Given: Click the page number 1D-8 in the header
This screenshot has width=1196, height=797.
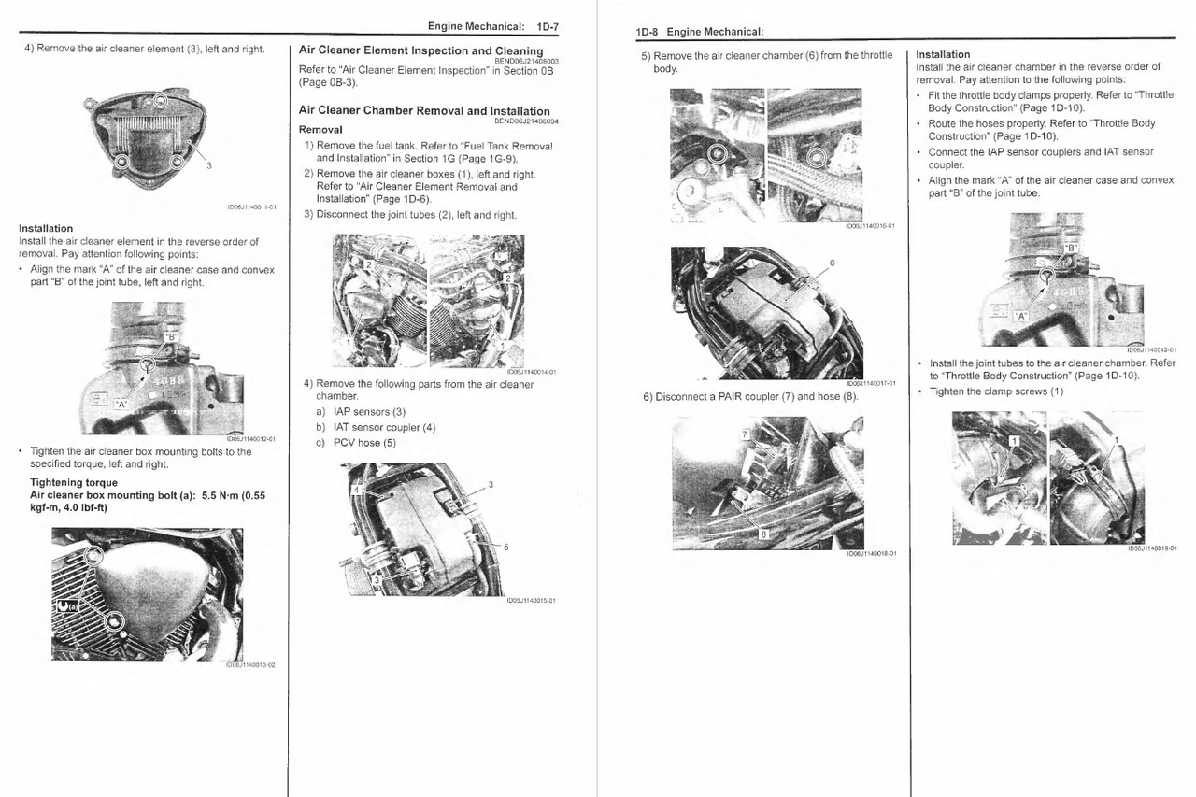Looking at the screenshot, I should pyautogui.click(x=647, y=32).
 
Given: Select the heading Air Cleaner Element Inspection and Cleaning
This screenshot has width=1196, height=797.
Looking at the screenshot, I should pyautogui.click(x=420, y=50).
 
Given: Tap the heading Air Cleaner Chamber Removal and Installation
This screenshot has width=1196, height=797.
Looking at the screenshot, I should pyautogui.click(x=424, y=110).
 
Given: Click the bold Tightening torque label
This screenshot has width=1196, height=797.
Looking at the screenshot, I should pyautogui.click(x=74, y=483).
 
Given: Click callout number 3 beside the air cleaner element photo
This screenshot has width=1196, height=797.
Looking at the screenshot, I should pyautogui.click(x=208, y=166).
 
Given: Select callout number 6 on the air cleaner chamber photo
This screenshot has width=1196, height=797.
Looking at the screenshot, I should pyautogui.click(x=831, y=263).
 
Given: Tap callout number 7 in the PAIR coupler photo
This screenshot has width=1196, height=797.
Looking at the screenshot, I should pyautogui.click(x=745, y=434).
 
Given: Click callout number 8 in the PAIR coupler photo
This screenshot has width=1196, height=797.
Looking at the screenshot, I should pyautogui.click(x=763, y=534).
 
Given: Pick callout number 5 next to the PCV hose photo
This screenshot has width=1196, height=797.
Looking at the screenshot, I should pyautogui.click(x=505, y=547).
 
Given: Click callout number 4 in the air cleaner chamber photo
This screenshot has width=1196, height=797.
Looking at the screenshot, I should pyautogui.click(x=355, y=490).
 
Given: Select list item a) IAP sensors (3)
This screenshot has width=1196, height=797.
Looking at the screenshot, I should pyautogui.click(x=361, y=412).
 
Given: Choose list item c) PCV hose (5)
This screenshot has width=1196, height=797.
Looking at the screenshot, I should pyautogui.click(x=356, y=443).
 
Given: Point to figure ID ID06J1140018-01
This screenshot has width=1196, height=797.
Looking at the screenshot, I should pyautogui.click(x=871, y=553).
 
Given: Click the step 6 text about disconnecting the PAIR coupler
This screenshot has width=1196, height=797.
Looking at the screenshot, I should pyautogui.click(x=749, y=397).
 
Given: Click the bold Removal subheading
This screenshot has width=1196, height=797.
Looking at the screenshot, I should pyautogui.click(x=320, y=129).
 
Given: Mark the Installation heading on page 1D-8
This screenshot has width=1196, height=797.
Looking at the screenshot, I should pyautogui.click(x=943, y=54).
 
